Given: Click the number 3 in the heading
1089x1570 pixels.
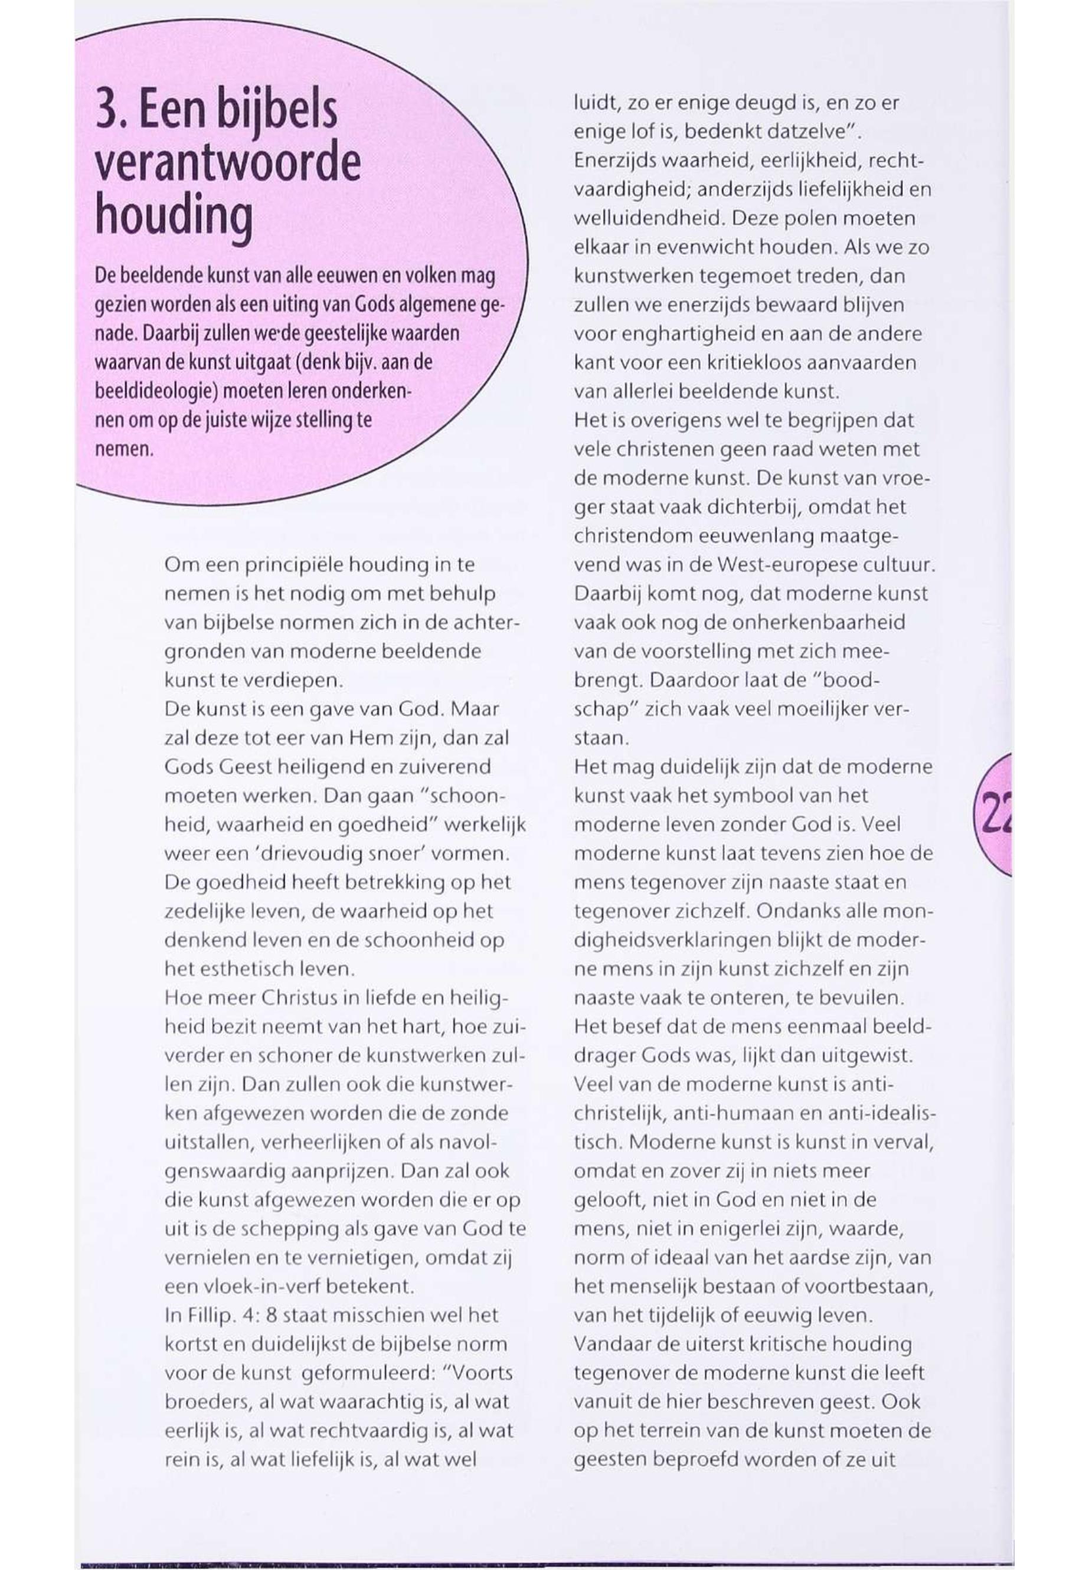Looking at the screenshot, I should pyautogui.click(x=109, y=113).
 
